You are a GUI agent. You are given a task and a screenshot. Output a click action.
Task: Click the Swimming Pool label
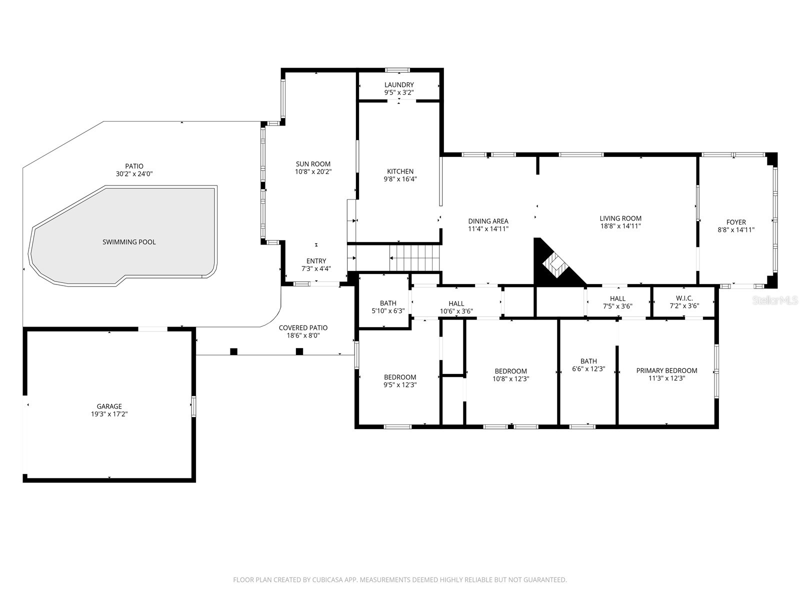[x=129, y=242]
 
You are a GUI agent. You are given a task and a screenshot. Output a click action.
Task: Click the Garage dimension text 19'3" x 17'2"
[x=109, y=414]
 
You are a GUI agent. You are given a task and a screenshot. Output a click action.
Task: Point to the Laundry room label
[x=399, y=85]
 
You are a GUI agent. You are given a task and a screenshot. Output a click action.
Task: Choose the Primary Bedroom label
[x=666, y=370]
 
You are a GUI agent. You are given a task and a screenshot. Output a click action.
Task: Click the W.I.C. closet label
[x=684, y=298]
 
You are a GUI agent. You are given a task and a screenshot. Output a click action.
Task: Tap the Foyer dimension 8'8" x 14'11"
[x=736, y=230]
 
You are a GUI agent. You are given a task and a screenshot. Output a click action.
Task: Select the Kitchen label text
[x=400, y=171]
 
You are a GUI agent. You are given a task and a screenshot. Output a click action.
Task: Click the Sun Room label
[x=313, y=164]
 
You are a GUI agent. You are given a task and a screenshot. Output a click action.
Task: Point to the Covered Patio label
[x=303, y=328]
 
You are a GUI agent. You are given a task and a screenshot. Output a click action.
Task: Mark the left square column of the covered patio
[x=233, y=351]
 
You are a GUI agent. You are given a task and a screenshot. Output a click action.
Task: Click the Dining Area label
[x=488, y=221]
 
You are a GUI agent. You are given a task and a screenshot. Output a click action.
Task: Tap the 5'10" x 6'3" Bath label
[x=388, y=303]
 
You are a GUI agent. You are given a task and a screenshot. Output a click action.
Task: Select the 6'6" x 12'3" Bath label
[x=588, y=361]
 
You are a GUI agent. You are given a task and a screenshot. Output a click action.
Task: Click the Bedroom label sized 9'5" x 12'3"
[x=400, y=377]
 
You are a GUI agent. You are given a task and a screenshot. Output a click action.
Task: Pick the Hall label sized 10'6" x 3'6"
[x=456, y=303]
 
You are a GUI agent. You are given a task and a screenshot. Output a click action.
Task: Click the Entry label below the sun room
[x=316, y=261]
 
